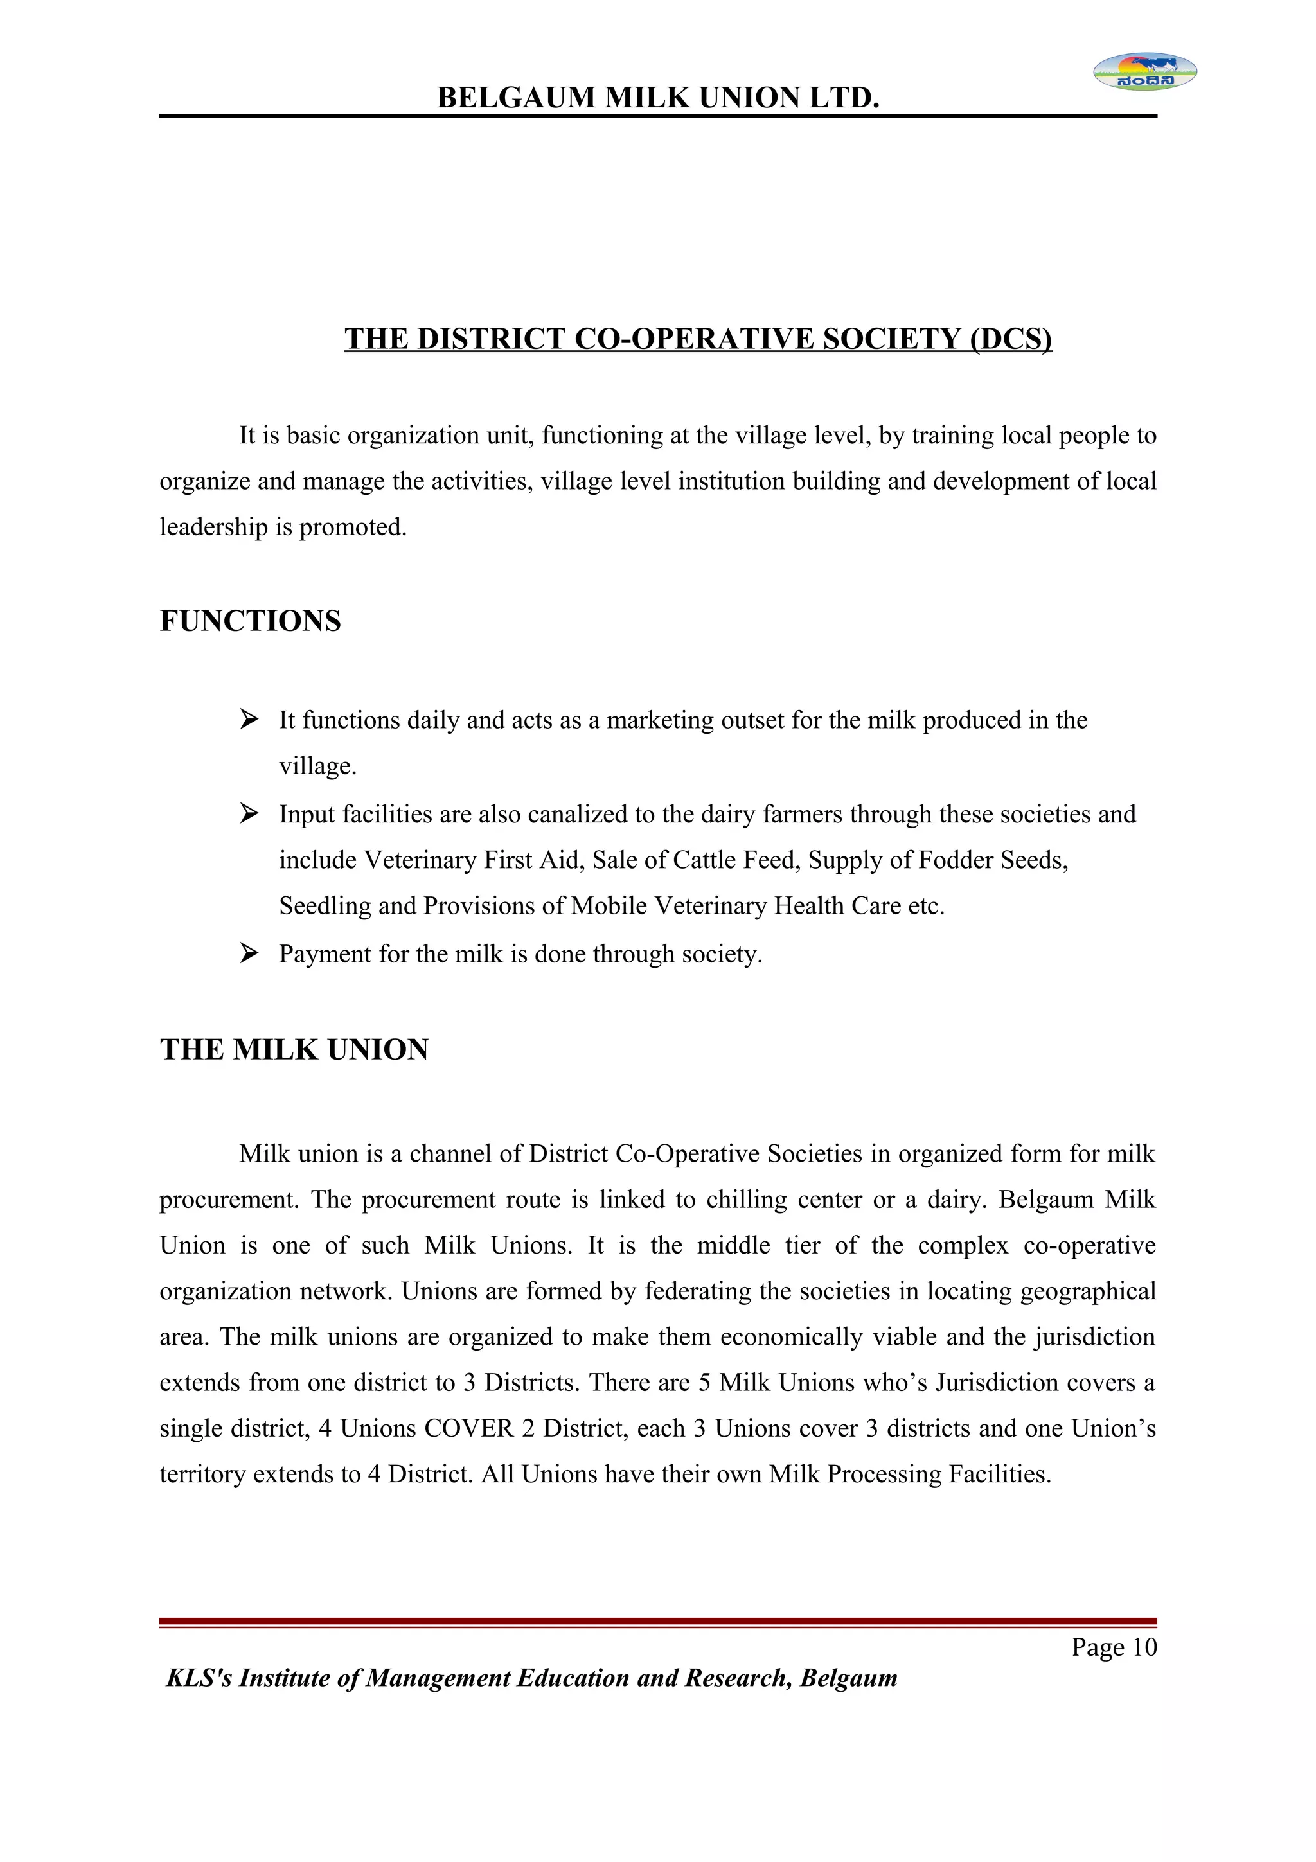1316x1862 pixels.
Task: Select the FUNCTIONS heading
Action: click(x=250, y=621)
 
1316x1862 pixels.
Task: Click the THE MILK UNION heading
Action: click(x=294, y=1049)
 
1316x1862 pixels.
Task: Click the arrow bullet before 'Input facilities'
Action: click(x=249, y=813)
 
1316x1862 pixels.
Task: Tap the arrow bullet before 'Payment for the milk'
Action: click(x=249, y=953)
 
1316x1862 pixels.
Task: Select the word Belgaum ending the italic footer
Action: click(x=849, y=1678)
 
